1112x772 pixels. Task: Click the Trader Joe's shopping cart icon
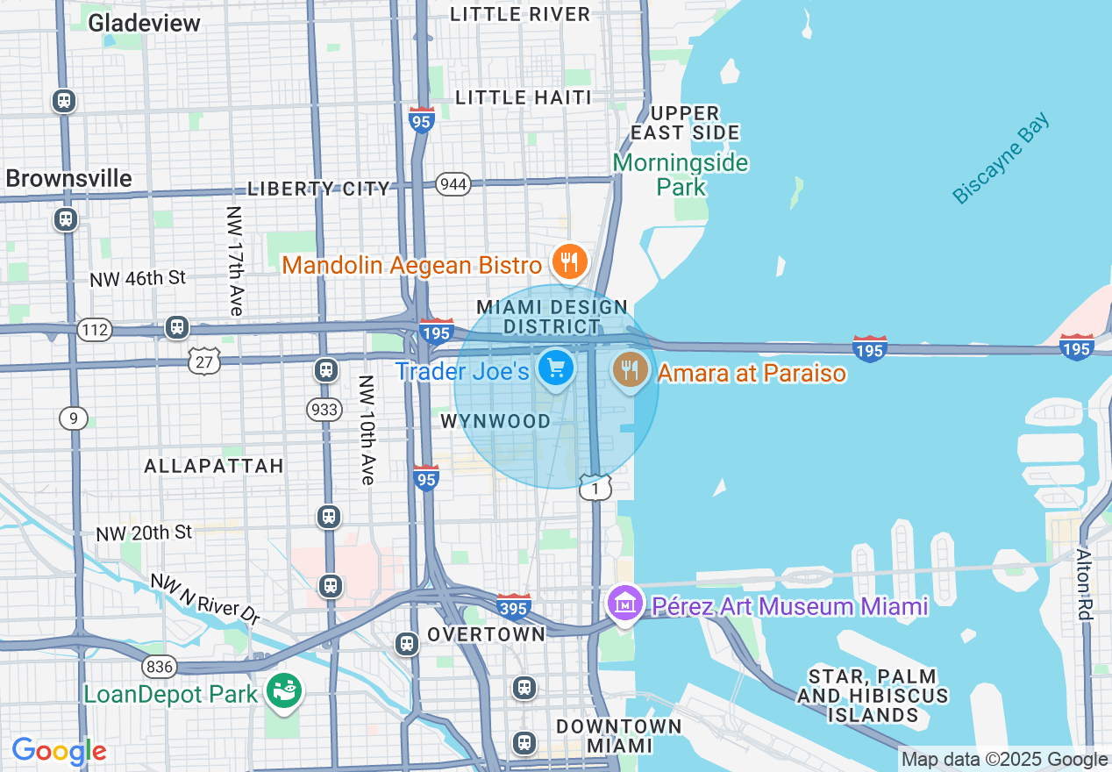point(556,368)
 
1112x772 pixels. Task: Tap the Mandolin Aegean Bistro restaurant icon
point(569,261)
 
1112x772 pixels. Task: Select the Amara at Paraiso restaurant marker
point(630,370)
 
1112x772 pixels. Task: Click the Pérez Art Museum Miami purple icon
point(624,604)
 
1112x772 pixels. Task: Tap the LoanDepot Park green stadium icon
point(285,691)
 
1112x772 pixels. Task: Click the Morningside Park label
point(681,175)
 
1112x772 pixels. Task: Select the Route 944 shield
point(453,184)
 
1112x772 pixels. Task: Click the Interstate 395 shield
point(513,606)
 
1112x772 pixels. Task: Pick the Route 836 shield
point(159,667)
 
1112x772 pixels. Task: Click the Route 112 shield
point(93,330)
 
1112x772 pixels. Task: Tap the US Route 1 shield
point(595,489)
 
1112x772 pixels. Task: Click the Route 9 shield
point(74,418)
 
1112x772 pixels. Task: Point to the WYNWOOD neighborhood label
point(495,422)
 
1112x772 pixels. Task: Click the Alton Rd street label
point(1085,584)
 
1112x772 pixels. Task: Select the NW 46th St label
point(138,278)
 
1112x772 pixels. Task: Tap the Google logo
point(59,751)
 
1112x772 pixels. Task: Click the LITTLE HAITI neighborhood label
point(524,97)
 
